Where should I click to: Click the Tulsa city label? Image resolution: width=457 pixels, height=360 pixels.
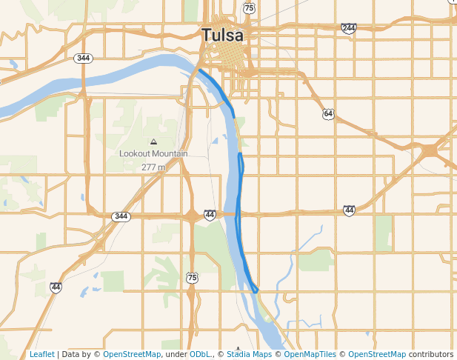[222, 35]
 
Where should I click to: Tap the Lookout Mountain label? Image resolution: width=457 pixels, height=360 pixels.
[153, 154]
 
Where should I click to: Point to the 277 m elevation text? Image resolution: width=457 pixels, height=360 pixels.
[153, 167]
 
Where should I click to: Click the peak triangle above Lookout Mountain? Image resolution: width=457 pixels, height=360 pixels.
[153, 141]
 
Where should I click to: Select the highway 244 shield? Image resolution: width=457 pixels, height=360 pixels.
[348, 28]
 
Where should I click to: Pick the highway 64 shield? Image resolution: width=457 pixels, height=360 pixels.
[328, 113]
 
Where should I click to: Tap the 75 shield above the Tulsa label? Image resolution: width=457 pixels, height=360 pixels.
[249, 8]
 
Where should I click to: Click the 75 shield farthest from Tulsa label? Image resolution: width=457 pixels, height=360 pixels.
[192, 278]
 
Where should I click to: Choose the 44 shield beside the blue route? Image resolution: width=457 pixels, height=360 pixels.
[210, 215]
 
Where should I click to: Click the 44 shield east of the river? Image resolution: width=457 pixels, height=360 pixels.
[349, 211]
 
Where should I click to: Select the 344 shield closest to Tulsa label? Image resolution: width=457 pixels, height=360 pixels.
[84, 58]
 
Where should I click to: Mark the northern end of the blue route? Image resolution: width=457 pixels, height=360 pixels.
[200, 70]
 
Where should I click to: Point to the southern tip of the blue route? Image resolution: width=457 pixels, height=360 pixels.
[256, 291]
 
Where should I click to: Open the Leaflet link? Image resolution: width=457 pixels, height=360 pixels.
[42, 355]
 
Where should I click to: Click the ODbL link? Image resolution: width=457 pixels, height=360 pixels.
[200, 355]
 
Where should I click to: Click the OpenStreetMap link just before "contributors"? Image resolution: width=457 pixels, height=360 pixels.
[377, 355]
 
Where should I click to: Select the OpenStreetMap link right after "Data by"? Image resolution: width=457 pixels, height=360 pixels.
[132, 355]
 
